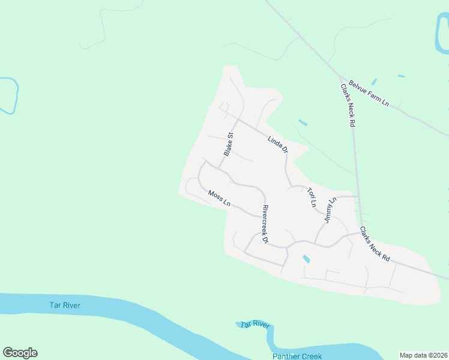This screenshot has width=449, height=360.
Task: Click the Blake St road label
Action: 228,144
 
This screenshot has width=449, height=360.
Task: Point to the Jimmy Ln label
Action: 328,210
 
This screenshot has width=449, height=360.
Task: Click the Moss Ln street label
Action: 219,198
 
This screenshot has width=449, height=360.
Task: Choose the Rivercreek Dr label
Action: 265,224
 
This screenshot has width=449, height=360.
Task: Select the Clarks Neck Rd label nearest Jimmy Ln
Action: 375,243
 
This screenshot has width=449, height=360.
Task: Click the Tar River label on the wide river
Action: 65,305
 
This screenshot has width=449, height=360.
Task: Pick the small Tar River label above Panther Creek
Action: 255,324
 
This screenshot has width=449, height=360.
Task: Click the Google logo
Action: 20,353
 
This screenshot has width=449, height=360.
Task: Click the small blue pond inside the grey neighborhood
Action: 306,259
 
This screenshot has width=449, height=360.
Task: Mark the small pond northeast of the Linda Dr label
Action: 303,123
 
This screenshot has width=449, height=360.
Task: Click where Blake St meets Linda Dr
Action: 238,119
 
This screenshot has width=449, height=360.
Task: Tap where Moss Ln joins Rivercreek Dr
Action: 259,216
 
